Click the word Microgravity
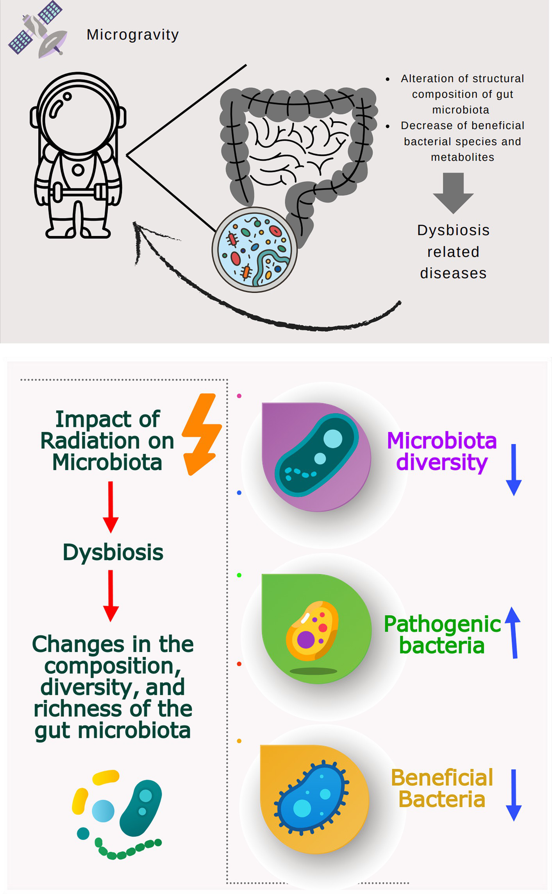point(132,35)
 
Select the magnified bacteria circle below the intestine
point(255,250)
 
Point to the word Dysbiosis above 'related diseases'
point(453,230)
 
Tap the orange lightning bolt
point(202,434)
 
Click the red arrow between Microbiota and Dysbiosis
point(111,507)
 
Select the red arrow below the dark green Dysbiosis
point(111,595)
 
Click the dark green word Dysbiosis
point(113,552)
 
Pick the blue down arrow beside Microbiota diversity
point(514,469)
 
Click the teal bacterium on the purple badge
point(316,456)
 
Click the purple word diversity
point(442,462)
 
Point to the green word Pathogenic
point(442,624)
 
